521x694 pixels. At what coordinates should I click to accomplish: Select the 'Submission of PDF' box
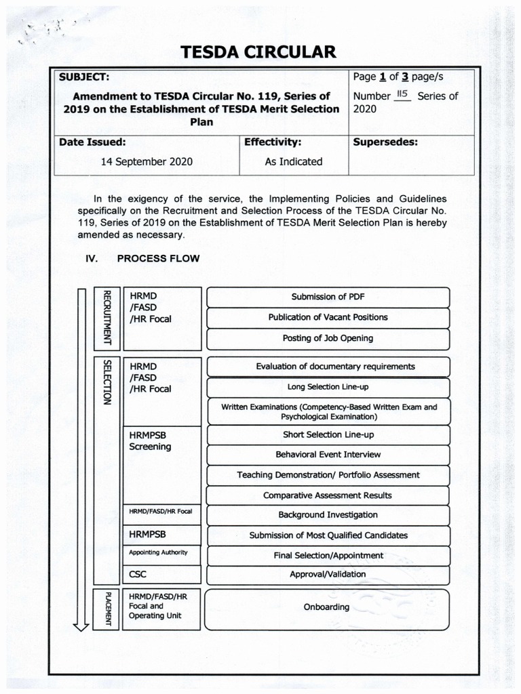tap(328, 297)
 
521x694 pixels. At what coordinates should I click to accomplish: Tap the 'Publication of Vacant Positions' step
tap(328, 317)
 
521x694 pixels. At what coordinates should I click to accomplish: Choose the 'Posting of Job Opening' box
tap(328, 338)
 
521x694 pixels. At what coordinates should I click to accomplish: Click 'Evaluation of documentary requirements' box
tap(328, 367)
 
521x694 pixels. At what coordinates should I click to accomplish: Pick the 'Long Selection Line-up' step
tap(328, 387)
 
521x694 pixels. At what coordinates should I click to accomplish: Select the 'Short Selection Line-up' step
tap(328, 434)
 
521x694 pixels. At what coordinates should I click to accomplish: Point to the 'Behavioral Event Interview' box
tap(328, 455)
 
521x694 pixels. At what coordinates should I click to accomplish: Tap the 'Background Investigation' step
tap(328, 515)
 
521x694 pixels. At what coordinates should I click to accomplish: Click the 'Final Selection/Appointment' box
tap(328, 556)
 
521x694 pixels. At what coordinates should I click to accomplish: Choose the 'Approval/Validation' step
tap(328, 575)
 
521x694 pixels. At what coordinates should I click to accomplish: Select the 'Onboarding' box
tap(326, 607)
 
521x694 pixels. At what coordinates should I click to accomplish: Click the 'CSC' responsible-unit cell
tap(138, 575)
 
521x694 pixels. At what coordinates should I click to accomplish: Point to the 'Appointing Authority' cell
tap(158, 553)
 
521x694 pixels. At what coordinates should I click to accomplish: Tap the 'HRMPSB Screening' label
tap(150, 441)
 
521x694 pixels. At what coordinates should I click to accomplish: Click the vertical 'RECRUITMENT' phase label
tap(107, 317)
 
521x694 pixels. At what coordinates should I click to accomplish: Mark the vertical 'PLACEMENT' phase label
tap(107, 609)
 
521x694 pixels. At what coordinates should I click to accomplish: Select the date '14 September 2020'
tap(147, 162)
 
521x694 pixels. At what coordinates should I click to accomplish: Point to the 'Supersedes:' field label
tap(385, 142)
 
